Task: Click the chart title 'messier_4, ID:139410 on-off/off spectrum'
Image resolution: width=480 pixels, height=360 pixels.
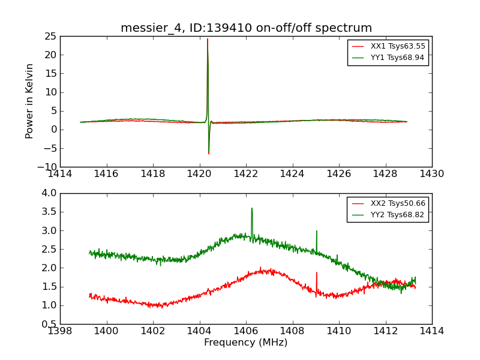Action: coord(246,28)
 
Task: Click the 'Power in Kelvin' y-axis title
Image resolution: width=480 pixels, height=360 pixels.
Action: coord(29,101)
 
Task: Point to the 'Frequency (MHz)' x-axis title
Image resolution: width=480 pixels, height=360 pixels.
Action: coord(246,343)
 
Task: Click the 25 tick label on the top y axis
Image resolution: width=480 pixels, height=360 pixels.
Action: coord(50,36)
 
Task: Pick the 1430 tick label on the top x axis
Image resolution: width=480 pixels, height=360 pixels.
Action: coord(432,174)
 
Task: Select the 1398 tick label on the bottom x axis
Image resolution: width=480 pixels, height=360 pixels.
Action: coord(60,331)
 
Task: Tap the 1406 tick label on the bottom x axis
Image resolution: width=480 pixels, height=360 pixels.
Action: coord(246,331)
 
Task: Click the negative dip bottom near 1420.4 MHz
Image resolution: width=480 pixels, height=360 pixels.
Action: coord(209,154)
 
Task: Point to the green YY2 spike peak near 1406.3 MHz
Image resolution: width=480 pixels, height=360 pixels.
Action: coord(251,208)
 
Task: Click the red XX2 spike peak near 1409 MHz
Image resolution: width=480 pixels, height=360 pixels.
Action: coord(316,272)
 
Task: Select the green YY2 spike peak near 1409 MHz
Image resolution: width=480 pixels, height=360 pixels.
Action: coord(316,231)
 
